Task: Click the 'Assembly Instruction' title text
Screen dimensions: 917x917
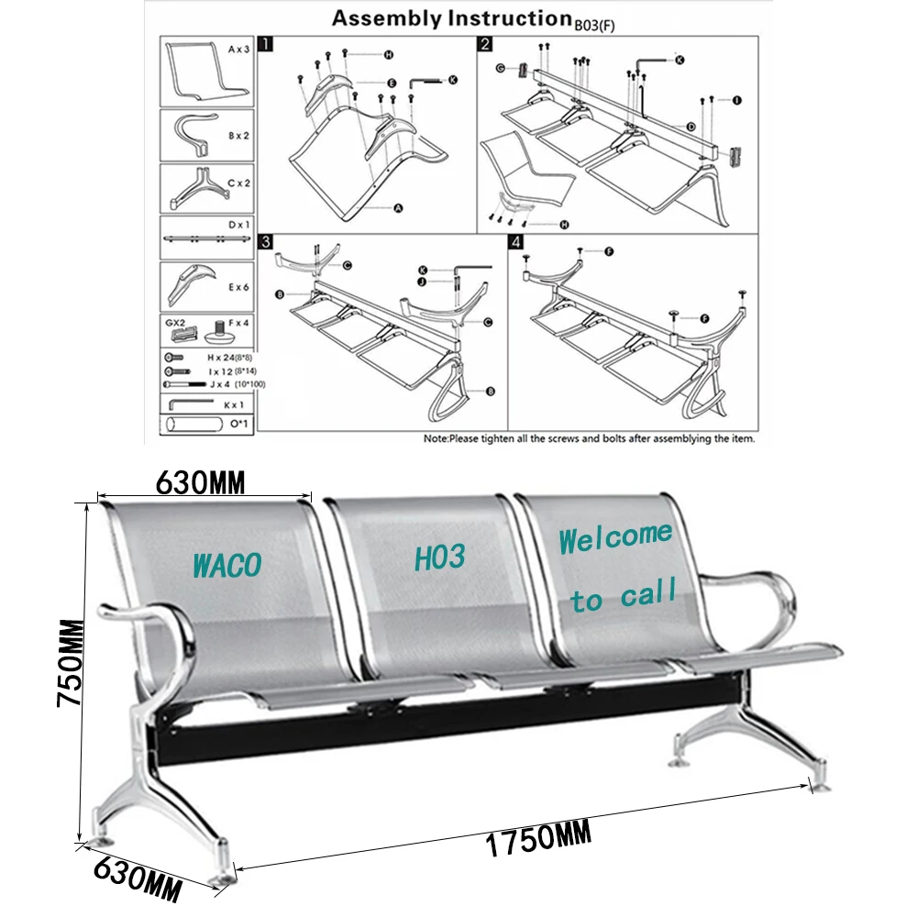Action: coord(447,18)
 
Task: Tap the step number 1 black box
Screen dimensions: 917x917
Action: coord(266,43)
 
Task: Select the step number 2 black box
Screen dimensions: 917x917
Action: coord(485,43)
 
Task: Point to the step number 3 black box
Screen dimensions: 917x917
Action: coord(266,242)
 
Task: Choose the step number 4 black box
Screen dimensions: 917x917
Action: coord(515,242)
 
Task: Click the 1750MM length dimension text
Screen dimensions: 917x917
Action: coord(536,840)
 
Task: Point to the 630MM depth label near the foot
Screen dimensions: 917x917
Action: coord(137,877)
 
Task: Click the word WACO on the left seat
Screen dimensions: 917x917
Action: coord(226,564)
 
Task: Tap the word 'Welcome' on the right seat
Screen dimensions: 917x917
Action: coord(615,538)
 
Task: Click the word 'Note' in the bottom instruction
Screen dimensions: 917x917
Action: coord(436,439)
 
